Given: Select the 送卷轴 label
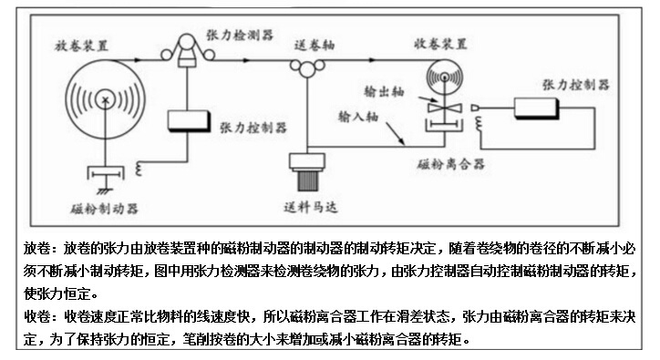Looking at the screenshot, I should (x=314, y=43).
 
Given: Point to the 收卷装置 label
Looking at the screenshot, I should (x=441, y=43).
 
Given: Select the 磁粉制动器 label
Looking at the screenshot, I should (x=104, y=208).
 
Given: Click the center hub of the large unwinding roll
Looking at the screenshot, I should (x=107, y=99).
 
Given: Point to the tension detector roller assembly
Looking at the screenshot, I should (x=191, y=50).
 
